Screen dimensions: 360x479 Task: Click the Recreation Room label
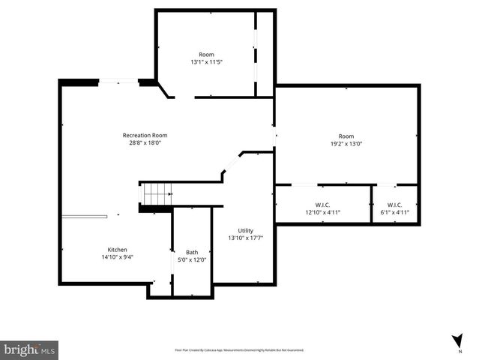click(x=144, y=135)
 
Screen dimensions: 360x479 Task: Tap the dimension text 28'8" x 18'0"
click(x=144, y=142)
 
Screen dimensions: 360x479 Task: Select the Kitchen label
click(x=117, y=250)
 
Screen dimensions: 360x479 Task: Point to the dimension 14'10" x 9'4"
click(x=117, y=257)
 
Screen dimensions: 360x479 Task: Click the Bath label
click(x=192, y=252)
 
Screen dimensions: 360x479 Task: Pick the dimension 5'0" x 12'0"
click(x=192, y=259)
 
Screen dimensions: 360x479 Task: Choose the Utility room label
click(x=246, y=230)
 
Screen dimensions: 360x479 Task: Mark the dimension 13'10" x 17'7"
click(x=246, y=238)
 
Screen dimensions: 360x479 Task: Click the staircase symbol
click(x=157, y=195)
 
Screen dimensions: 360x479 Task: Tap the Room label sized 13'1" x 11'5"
click(x=206, y=54)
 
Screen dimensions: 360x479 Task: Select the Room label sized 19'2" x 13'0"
click(x=346, y=136)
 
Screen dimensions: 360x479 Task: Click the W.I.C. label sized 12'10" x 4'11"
click(x=323, y=205)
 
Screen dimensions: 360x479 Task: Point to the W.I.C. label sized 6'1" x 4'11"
click(x=394, y=205)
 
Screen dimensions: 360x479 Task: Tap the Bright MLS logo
click(x=30, y=349)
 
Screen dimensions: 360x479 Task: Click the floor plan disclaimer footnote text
click(x=239, y=349)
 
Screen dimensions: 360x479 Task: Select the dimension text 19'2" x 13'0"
click(x=346, y=143)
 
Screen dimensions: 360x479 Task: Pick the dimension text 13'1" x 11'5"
click(x=206, y=61)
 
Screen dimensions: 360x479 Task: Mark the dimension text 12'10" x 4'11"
click(x=323, y=212)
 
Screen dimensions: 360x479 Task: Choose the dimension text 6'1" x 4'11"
click(x=394, y=212)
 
